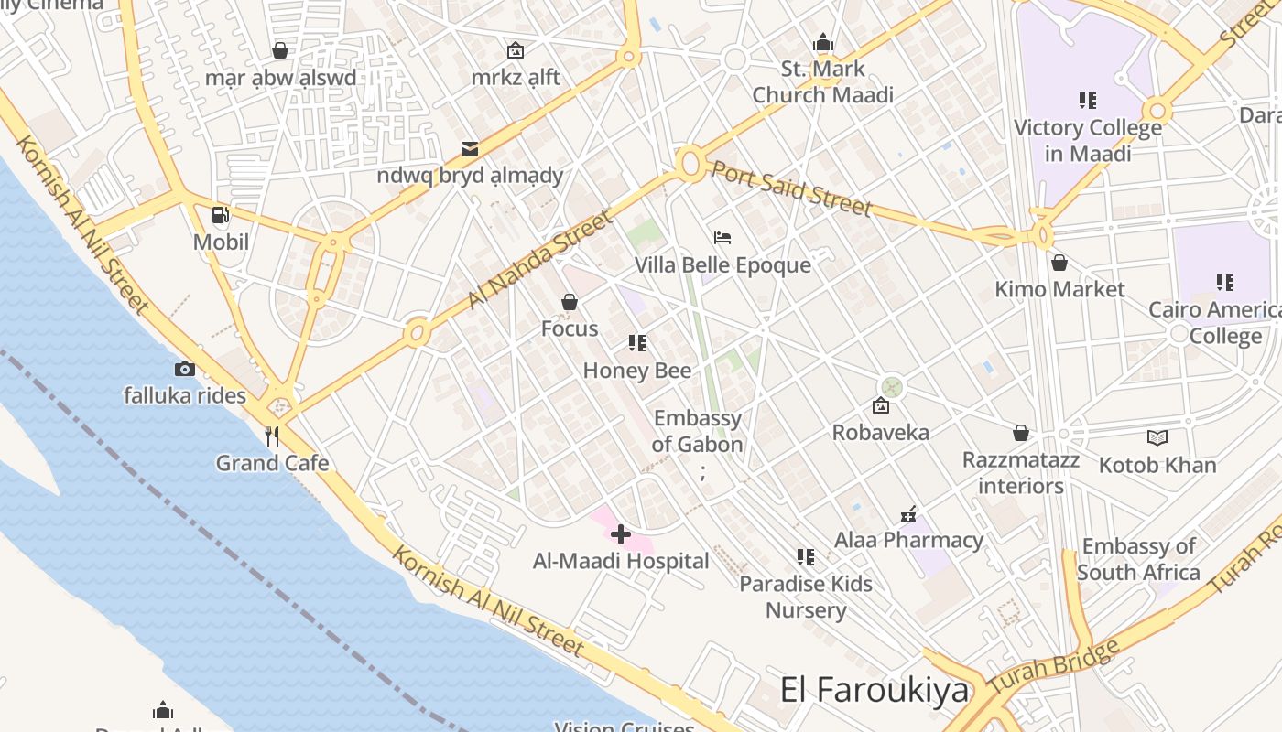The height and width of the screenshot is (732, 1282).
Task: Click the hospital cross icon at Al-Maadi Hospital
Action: click(x=621, y=534)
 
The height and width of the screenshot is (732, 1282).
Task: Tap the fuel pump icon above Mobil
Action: click(x=221, y=216)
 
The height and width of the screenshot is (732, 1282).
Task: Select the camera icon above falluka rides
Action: click(x=185, y=370)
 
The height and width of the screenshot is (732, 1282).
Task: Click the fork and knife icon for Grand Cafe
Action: click(x=272, y=436)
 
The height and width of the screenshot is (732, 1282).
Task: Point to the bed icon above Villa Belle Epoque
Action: click(x=722, y=238)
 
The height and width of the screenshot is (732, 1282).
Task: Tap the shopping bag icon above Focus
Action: click(x=570, y=302)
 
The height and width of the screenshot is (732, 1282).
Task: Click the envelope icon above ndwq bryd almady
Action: click(x=470, y=148)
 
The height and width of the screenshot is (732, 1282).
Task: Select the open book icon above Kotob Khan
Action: click(x=1157, y=438)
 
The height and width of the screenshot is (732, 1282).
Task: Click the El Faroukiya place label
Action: click(x=874, y=690)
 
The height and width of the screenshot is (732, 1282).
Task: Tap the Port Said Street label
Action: click(x=791, y=188)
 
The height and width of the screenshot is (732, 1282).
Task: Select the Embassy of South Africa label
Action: click(x=1138, y=559)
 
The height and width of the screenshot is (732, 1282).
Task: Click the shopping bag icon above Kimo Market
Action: click(x=1059, y=264)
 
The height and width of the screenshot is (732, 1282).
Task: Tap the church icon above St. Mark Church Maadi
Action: click(x=823, y=43)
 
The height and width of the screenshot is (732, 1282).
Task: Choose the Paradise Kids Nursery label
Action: click(x=806, y=597)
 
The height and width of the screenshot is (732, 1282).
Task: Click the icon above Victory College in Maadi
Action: click(x=1088, y=101)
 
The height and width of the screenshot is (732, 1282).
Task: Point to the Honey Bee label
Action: click(x=637, y=371)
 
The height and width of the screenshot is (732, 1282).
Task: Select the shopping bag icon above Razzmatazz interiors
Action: click(x=1021, y=433)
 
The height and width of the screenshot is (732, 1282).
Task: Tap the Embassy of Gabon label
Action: click(x=698, y=431)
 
